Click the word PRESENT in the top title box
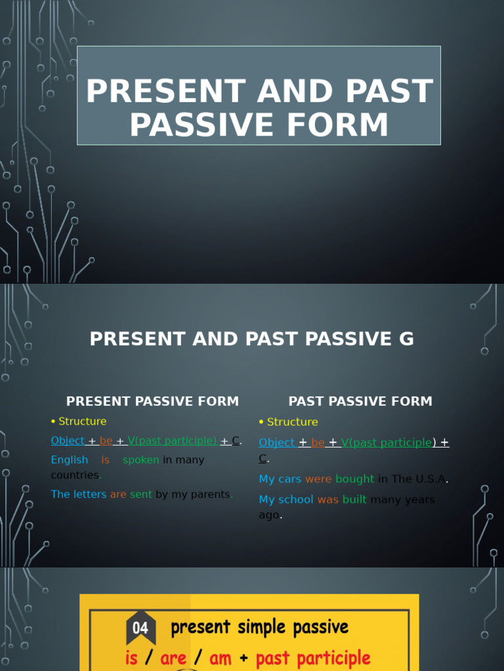click(165, 91)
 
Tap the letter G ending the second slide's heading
click(406, 339)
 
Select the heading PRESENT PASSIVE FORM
click(153, 401)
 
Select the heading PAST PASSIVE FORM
click(360, 401)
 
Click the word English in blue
click(70, 460)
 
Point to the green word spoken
click(141, 460)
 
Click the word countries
click(75, 475)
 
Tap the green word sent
click(140, 494)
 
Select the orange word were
click(318, 479)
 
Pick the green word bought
click(354, 479)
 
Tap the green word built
click(354, 499)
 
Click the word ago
click(269, 515)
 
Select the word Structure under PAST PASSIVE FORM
click(292, 422)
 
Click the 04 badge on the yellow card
click(140, 628)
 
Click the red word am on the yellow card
click(220, 658)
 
